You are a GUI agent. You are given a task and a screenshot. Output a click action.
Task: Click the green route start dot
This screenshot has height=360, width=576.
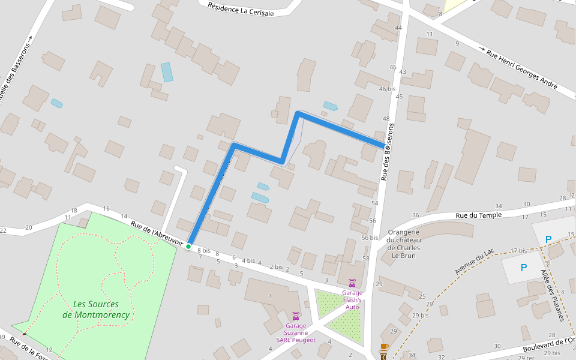pyautogui.click(x=188, y=246)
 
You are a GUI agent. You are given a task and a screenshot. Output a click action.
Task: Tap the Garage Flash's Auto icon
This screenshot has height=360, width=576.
pyautogui.click(x=352, y=283)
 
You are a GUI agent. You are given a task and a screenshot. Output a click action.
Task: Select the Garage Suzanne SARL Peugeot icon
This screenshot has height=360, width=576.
pyautogui.click(x=295, y=316)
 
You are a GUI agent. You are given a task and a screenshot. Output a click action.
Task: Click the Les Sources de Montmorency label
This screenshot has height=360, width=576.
pyautogui.click(x=96, y=309)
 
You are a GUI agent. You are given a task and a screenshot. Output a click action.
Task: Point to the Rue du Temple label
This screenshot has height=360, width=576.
pyautogui.click(x=478, y=214)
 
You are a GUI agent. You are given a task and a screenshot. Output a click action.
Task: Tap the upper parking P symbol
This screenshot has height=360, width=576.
pyautogui.click(x=548, y=239)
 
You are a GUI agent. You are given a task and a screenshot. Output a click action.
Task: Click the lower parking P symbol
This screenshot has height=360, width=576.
pyautogui.click(x=524, y=268)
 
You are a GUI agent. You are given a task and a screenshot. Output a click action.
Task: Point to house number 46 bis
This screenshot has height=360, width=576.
pyautogui.click(x=387, y=89)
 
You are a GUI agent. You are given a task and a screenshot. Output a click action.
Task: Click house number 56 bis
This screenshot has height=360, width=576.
pyautogui.click(x=370, y=238)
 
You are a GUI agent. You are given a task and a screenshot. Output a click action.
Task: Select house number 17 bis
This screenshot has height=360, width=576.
pyautogui.click(x=518, y=250)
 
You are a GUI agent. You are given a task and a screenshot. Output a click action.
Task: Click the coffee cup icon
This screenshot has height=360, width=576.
pyautogui.click(x=384, y=347)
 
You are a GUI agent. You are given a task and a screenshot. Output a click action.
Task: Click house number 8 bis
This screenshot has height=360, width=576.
pyautogui.click(x=204, y=250)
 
